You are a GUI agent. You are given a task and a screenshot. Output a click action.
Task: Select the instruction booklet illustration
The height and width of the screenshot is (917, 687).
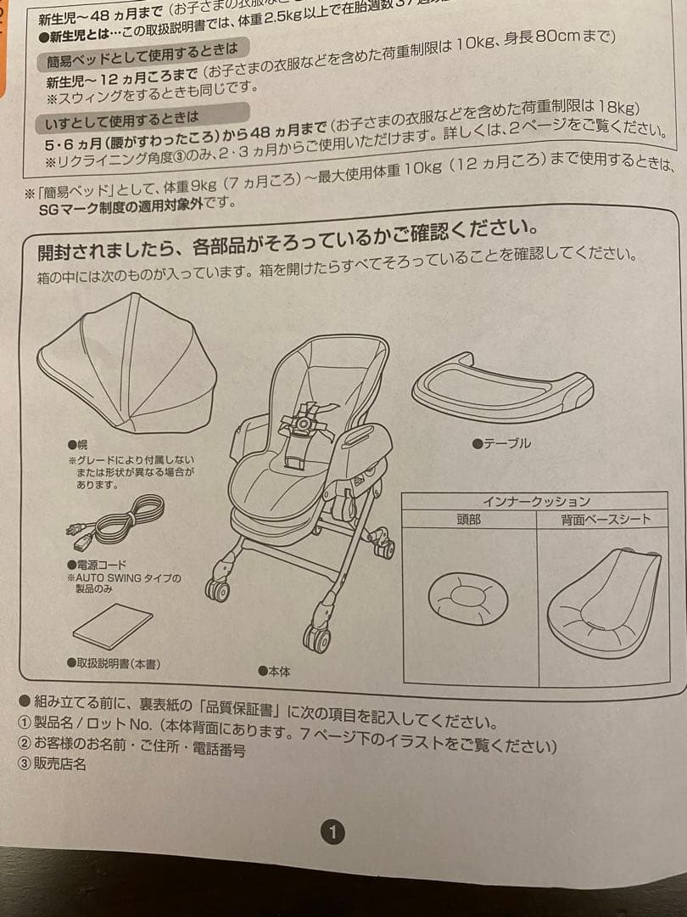pyautogui.click(x=112, y=626)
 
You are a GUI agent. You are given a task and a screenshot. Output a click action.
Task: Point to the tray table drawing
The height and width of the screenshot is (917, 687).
pyautogui.click(x=502, y=389)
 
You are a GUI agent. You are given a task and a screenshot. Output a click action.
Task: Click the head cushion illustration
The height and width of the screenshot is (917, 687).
pyautogui.click(x=467, y=599)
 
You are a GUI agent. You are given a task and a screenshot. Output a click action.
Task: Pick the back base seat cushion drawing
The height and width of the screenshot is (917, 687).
pyautogui.click(x=603, y=604)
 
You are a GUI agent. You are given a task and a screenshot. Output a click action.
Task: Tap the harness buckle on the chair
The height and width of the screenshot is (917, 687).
pyautogui.click(x=304, y=422)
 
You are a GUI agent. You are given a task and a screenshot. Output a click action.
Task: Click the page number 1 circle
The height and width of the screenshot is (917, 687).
pyautogui.click(x=333, y=832)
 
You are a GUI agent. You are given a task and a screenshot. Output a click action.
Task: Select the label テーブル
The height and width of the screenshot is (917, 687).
pyautogui.click(x=507, y=443)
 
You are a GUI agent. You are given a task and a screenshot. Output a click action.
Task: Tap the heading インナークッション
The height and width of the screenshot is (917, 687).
pyautogui.click(x=536, y=501)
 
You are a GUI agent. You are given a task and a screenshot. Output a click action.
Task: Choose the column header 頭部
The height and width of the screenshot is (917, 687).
pyautogui.click(x=468, y=519)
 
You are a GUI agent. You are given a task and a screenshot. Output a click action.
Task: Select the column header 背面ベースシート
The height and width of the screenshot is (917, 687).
pyautogui.click(x=605, y=520)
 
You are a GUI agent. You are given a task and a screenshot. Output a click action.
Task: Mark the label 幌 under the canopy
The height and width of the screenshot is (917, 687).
pyautogui.click(x=77, y=444)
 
